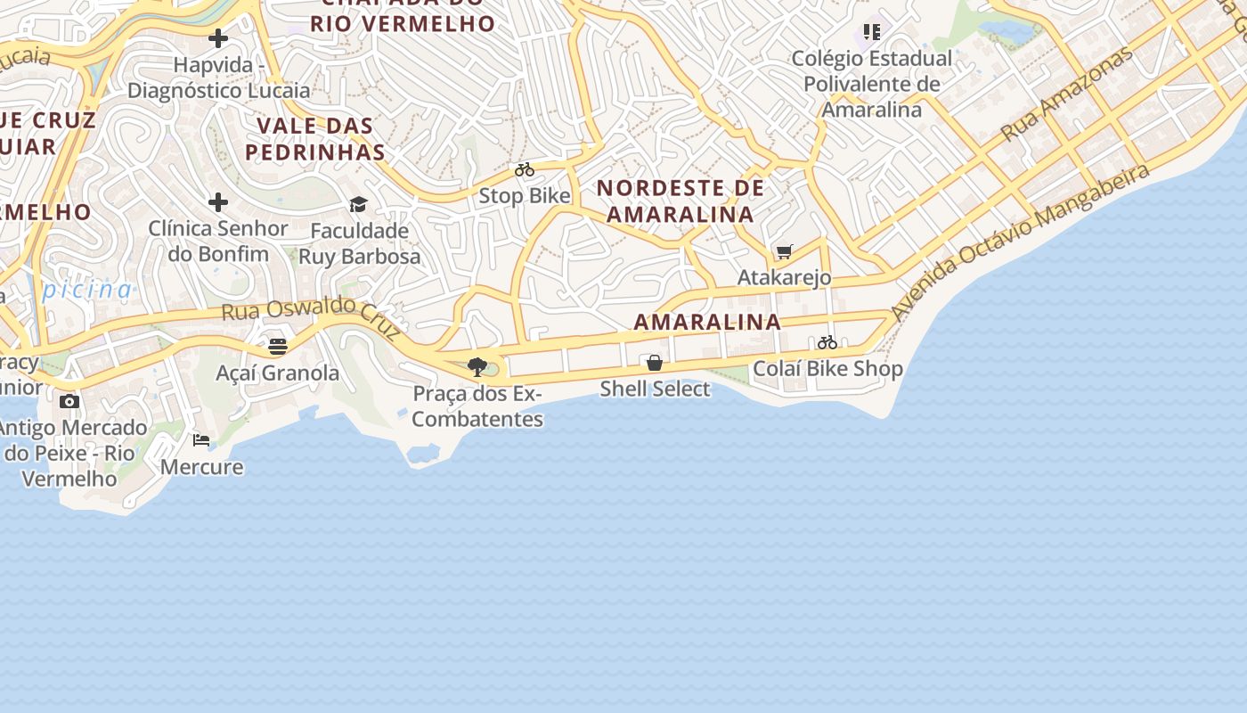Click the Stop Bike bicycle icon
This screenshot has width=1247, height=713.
pyautogui.click(x=525, y=169)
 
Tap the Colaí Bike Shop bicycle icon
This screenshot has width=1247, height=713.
pyautogui.click(x=827, y=342)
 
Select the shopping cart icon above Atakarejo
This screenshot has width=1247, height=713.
pyautogui.click(x=784, y=252)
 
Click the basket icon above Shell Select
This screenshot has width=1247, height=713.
pyautogui.click(x=655, y=363)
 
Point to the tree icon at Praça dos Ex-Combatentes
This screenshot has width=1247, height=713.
pyautogui.click(x=477, y=366)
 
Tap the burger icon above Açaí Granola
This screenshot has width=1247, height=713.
pyautogui.click(x=278, y=346)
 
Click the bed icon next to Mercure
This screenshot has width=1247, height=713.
pyautogui.click(x=201, y=440)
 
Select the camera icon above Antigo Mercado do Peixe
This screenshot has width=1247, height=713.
pyautogui.click(x=69, y=401)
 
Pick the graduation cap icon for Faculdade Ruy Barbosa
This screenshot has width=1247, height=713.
pyautogui.click(x=359, y=205)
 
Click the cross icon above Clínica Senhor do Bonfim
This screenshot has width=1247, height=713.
pyautogui.click(x=218, y=202)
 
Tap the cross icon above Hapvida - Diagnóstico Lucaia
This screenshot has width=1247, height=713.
pyautogui.click(x=218, y=38)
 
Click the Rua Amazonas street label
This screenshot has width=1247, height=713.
pyautogui.click(x=1066, y=94)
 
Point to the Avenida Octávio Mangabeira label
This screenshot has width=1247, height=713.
pyautogui.click(x=1019, y=242)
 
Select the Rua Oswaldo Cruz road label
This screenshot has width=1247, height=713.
pyautogui.click(x=311, y=316)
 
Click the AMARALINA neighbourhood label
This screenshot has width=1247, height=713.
pyautogui.click(x=707, y=322)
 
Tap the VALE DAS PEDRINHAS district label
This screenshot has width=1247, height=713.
pyautogui.click(x=315, y=138)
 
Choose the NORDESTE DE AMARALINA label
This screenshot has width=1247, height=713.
pyautogui.click(x=681, y=201)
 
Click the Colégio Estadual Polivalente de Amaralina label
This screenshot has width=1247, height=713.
pyautogui.click(x=872, y=84)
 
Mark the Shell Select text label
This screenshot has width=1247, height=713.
pyautogui.click(x=655, y=389)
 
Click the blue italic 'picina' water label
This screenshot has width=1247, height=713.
pyautogui.click(x=88, y=289)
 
